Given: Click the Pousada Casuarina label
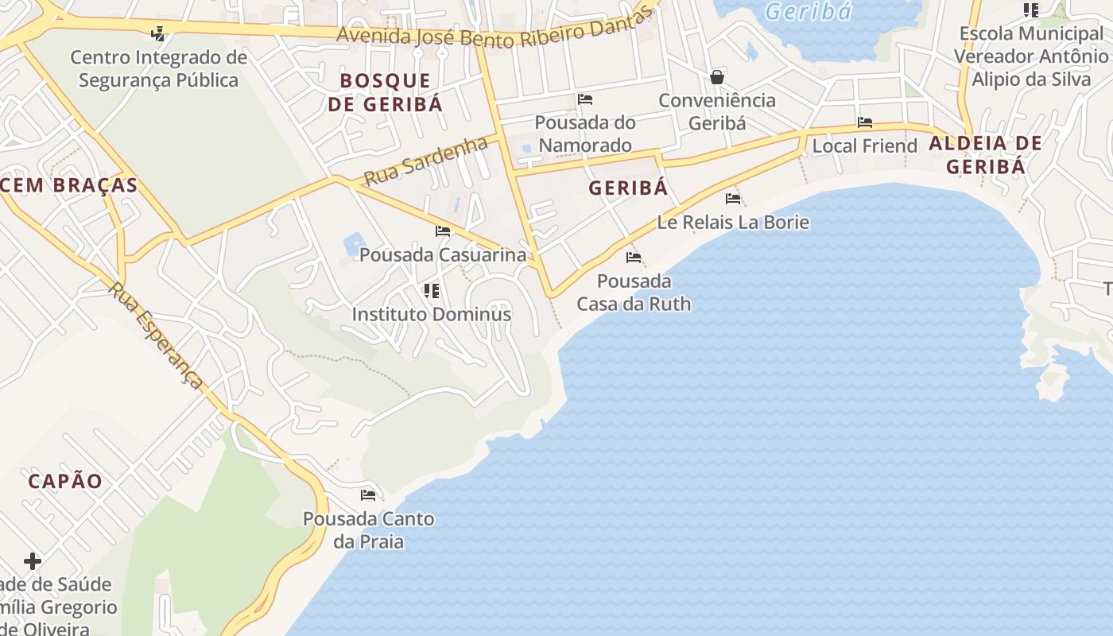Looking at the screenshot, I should coord(443,254).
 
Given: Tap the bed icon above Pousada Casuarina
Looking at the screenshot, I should coord(443,231).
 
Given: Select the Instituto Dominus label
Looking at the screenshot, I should coord(432,314).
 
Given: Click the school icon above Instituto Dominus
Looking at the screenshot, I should coord(432,291).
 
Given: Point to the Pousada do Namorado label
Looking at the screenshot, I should coord(585,134).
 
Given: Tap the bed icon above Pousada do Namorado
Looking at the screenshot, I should coord(585,99).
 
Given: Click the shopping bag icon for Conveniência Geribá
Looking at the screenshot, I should coord(717,77).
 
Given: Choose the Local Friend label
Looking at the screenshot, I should coord(864,146).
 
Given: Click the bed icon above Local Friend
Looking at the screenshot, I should coord(865,122).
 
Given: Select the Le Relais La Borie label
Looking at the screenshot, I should coord(733,222).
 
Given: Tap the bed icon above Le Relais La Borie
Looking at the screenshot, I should coord(733,198).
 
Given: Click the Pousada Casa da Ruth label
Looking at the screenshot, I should coord(634,293).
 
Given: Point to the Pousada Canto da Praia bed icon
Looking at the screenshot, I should coord(368,495).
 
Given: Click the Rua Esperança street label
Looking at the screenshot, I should coord(157,335).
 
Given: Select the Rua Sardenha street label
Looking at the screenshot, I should coord(425,161).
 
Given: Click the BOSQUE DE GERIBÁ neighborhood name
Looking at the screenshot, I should coord(386,92).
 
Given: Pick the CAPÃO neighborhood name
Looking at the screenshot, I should coord(65,481).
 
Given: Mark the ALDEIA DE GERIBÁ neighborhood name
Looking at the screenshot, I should coord(985,155).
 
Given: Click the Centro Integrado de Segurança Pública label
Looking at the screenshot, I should coord(159,69).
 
